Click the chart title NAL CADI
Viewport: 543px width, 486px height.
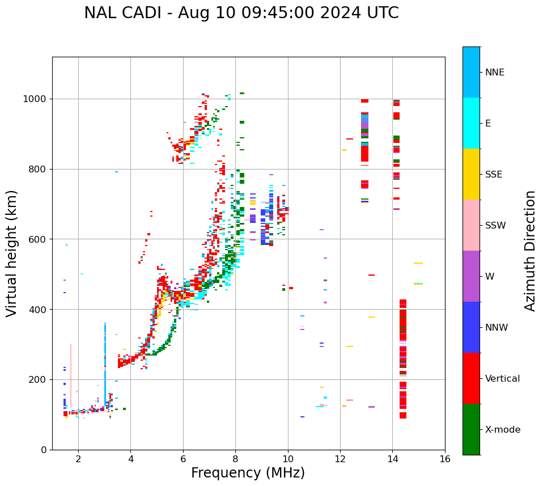[241, 13]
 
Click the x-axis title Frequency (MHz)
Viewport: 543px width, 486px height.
[248, 473]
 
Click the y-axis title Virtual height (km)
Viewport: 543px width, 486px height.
[12, 253]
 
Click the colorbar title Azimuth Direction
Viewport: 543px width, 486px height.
[530, 250]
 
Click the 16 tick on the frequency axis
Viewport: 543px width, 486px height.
[445, 458]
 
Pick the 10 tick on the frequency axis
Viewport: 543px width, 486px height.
[288, 458]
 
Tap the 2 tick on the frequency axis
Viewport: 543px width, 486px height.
[78, 458]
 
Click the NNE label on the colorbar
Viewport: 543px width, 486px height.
[494, 72]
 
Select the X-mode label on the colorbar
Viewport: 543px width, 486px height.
[502, 429]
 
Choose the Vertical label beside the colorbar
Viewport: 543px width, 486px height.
[502, 378]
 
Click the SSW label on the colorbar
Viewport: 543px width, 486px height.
[495, 225]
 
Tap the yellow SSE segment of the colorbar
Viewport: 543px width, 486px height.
[471, 174]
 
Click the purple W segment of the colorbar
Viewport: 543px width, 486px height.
[471, 276]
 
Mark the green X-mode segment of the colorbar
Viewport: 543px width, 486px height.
[471, 429]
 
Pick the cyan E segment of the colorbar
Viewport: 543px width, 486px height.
[471, 123]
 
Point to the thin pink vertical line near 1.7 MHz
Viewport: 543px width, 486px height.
[71, 374]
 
